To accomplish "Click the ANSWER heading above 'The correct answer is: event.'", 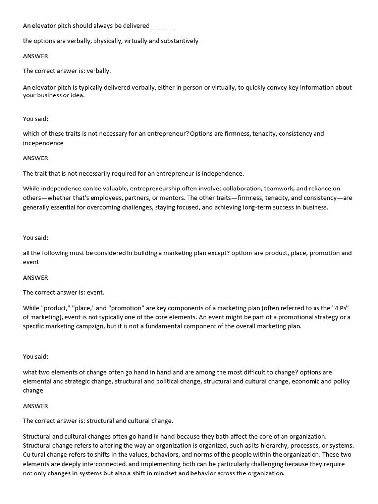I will click(35, 278).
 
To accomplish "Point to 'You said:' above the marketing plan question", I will click(35, 238).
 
